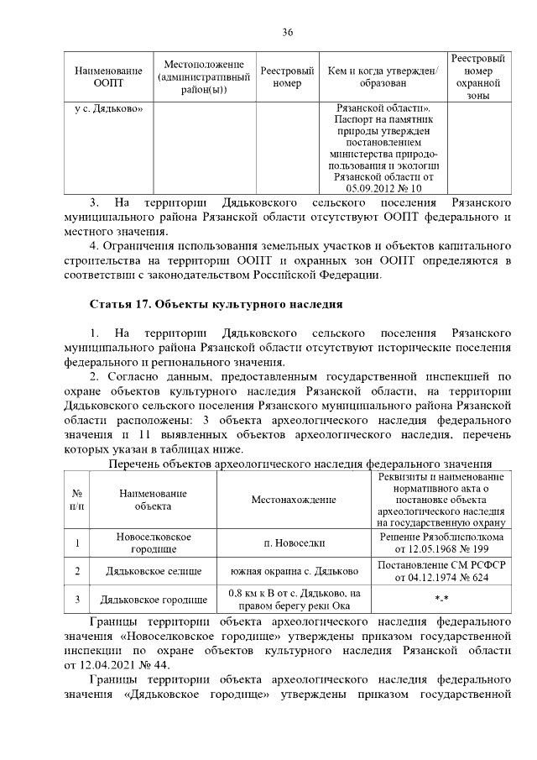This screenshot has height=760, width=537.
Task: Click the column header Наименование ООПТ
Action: pos(108,77)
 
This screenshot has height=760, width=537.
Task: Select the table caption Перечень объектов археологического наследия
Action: pos(299,464)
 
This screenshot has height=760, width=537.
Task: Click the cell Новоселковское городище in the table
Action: pos(154,542)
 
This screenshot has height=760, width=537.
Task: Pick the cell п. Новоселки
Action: pos(294,542)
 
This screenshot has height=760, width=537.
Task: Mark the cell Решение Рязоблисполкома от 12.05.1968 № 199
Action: pos(441,542)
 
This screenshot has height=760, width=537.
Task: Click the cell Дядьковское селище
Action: pos(154,571)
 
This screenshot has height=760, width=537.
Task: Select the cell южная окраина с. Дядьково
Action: pos(294,571)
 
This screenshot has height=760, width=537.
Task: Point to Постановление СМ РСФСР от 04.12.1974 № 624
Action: pos(441,571)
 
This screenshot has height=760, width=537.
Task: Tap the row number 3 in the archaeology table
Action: pos(77,600)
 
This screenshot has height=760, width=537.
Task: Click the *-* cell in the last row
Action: pos(441,600)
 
